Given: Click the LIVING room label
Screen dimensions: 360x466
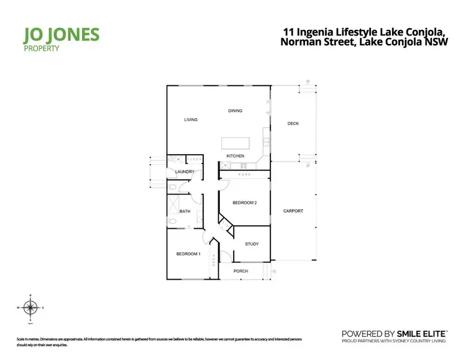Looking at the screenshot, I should [190, 119].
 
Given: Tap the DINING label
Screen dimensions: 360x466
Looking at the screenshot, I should [235, 111].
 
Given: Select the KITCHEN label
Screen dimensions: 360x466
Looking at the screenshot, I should [235, 155].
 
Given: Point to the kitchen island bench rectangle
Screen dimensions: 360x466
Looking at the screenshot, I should [235, 142].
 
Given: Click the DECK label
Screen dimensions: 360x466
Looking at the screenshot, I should [293, 124].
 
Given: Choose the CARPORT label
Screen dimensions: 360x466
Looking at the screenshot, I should [293, 211].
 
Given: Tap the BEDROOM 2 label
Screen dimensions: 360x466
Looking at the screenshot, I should [245, 203].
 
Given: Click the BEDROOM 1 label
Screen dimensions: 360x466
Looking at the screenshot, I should [188, 254].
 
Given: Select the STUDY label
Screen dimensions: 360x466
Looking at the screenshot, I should [251, 244].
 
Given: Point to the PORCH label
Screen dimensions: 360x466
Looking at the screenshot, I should [241, 271].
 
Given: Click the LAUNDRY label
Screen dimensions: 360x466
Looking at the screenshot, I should [185, 172].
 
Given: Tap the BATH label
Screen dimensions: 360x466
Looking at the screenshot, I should [185, 211].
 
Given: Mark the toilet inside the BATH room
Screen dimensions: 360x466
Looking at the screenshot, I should [170, 221].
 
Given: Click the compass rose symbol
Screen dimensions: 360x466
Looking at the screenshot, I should [30, 307].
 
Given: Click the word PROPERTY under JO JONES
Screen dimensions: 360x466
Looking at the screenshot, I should [42, 48].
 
